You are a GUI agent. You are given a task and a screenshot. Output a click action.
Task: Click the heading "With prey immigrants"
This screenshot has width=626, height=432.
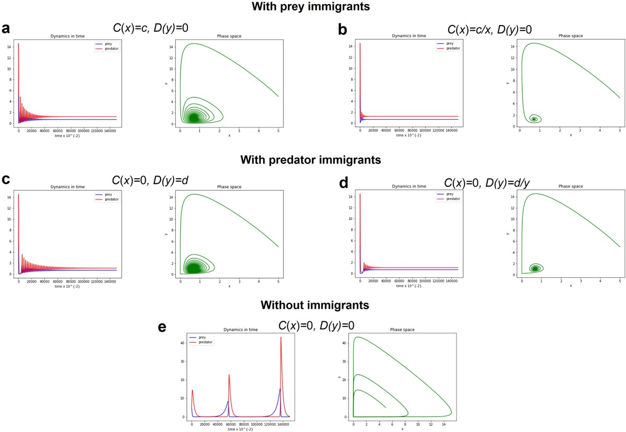pos(313,7)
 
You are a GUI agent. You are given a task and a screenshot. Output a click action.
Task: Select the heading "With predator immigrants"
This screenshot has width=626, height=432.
pos(313,159)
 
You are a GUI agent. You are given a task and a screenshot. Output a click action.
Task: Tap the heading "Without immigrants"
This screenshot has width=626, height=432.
pos(312,305)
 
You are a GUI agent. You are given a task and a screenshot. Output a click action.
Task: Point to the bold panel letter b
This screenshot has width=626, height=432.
pos(343,29)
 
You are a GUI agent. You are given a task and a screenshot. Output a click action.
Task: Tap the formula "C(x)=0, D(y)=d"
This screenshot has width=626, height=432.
pos(150,181)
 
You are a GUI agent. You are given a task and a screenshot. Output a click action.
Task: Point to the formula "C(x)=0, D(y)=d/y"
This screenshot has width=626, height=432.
pos(491,182)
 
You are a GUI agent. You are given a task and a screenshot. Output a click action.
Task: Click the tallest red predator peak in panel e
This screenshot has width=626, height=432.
pos(281,337)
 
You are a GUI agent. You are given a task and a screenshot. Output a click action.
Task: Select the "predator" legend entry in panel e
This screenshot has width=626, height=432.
pos(205,342)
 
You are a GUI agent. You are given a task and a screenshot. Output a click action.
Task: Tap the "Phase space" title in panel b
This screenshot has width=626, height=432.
pos(570,36)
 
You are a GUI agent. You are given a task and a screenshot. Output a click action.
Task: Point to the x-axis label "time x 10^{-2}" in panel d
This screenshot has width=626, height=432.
pos(408,286)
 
